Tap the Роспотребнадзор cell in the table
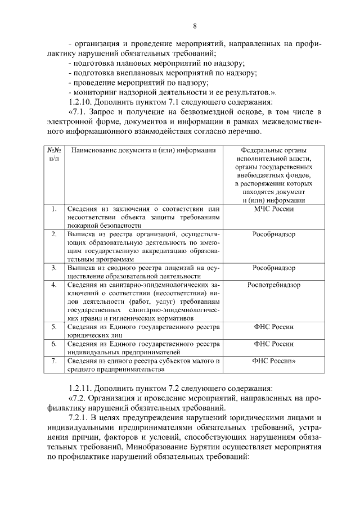pyautogui.click(x=274, y=285)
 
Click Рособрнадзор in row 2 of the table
pyautogui.click(x=274, y=234)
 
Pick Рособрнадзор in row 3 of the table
pyautogui.click(x=274, y=268)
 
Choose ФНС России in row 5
pyautogui.click(x=274, y=326)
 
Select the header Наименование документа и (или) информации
pyautogui.click(x=144, y=150)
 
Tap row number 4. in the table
pyautogui.click(x=53, y=285)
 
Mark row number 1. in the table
pyautogui.click(x=53, y=209)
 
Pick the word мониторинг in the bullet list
pyautogui.click(x=93, y=92)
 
